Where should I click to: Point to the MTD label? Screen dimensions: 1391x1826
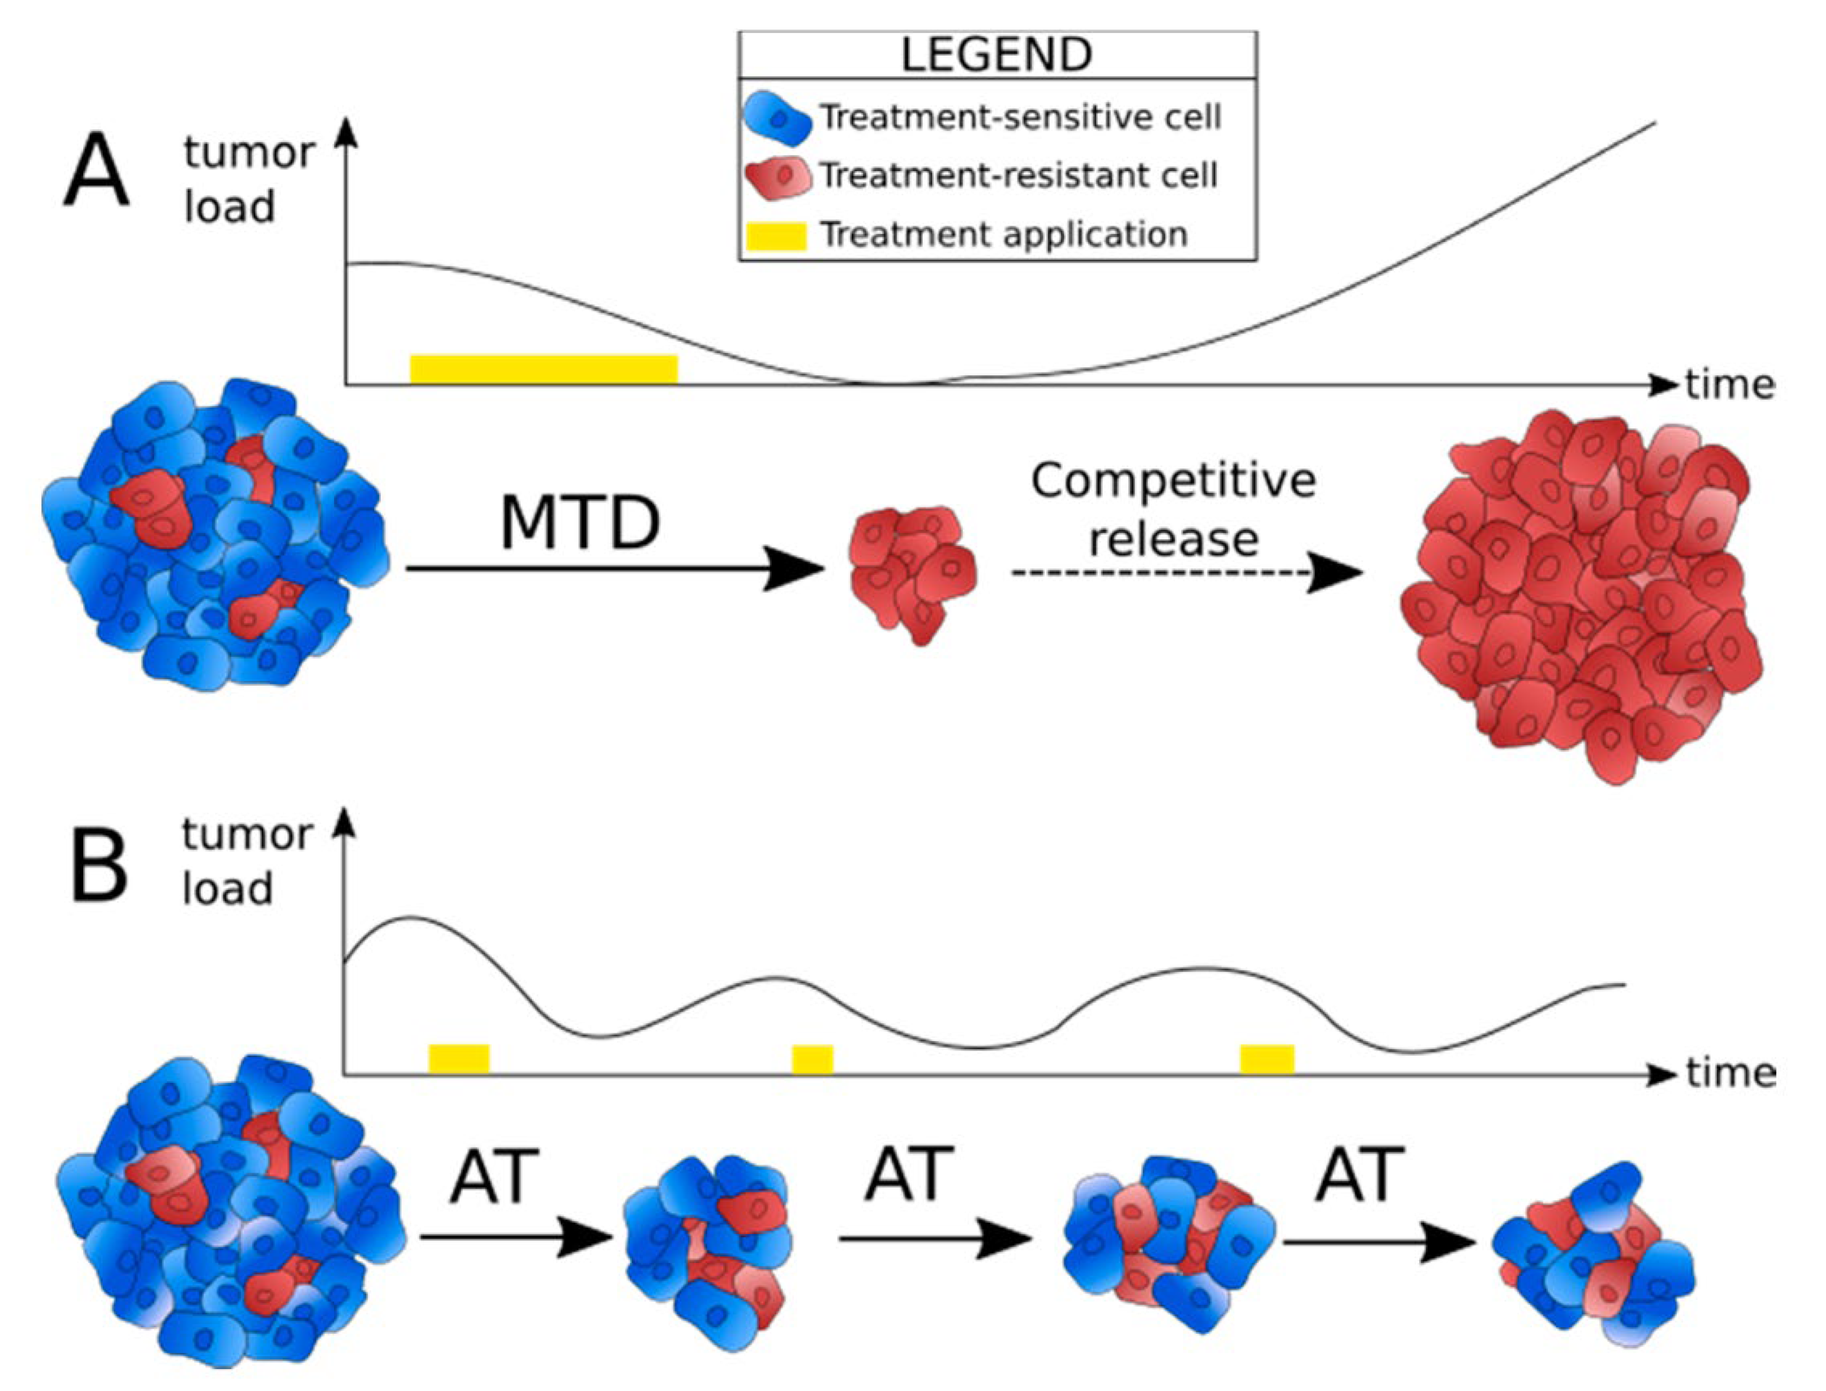580,523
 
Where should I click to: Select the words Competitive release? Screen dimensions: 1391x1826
1174,509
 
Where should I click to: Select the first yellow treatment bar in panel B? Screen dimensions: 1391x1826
459,1058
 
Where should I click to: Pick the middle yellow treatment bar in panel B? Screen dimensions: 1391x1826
812,1059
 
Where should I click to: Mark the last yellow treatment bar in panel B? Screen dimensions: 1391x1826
1267,1059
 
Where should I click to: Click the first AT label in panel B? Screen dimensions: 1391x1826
494,1176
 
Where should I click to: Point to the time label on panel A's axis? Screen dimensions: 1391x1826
1729,385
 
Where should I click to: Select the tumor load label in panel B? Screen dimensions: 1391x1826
246,861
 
